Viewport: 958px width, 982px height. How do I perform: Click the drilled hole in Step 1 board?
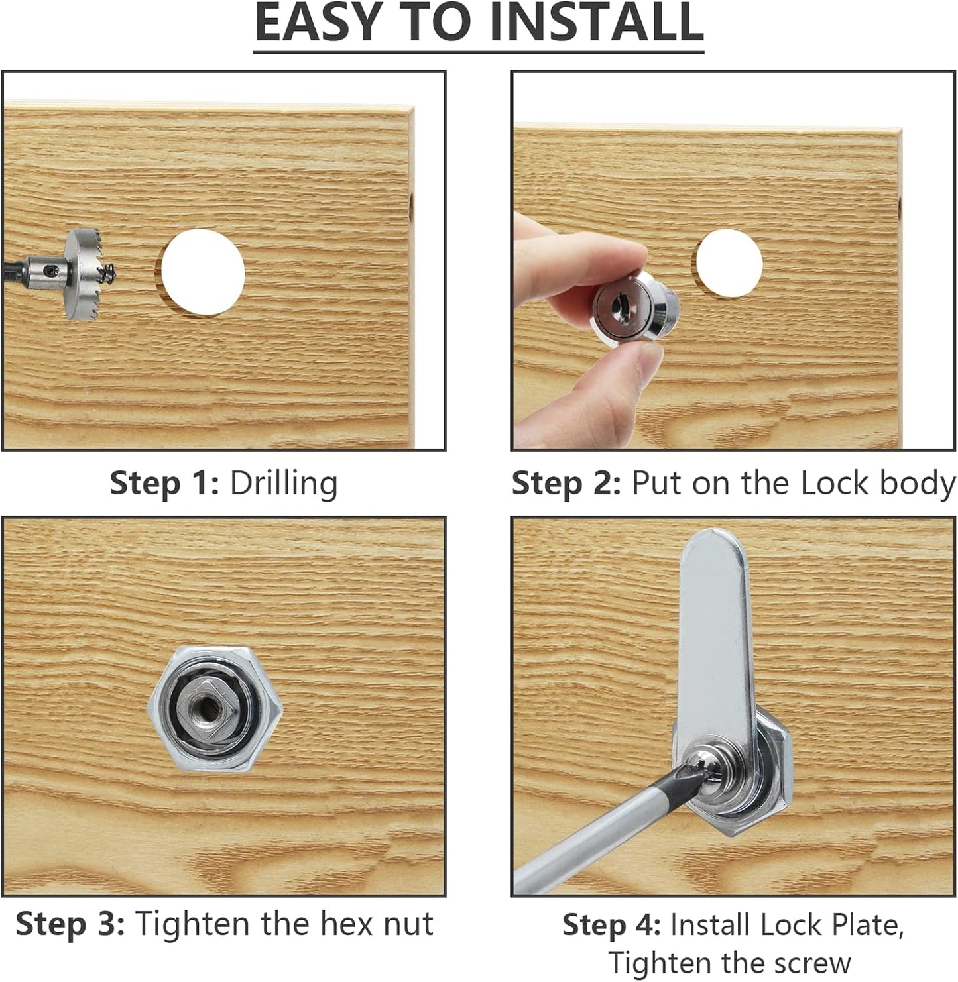tap(203, 272)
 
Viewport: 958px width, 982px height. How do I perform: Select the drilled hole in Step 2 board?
tap(728, 263)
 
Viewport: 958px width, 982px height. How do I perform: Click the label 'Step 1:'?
tap(164, 484)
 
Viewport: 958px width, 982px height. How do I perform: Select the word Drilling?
tap(284, 484)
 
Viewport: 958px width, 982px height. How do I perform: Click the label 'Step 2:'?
tap(566, 484)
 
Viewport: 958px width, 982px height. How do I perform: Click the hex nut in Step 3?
tap(215, 710)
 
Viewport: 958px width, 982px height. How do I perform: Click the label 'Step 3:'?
tap(70, 924)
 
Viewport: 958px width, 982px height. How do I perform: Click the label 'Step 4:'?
tap(611, 925)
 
